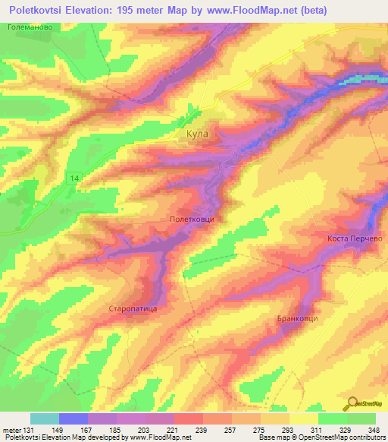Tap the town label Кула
[x=196, y=134]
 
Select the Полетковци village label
[x=192, y=219]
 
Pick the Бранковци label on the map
[x=297, y=318]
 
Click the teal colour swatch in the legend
[x=45, y=418]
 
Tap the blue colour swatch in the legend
[x=74, y=418]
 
